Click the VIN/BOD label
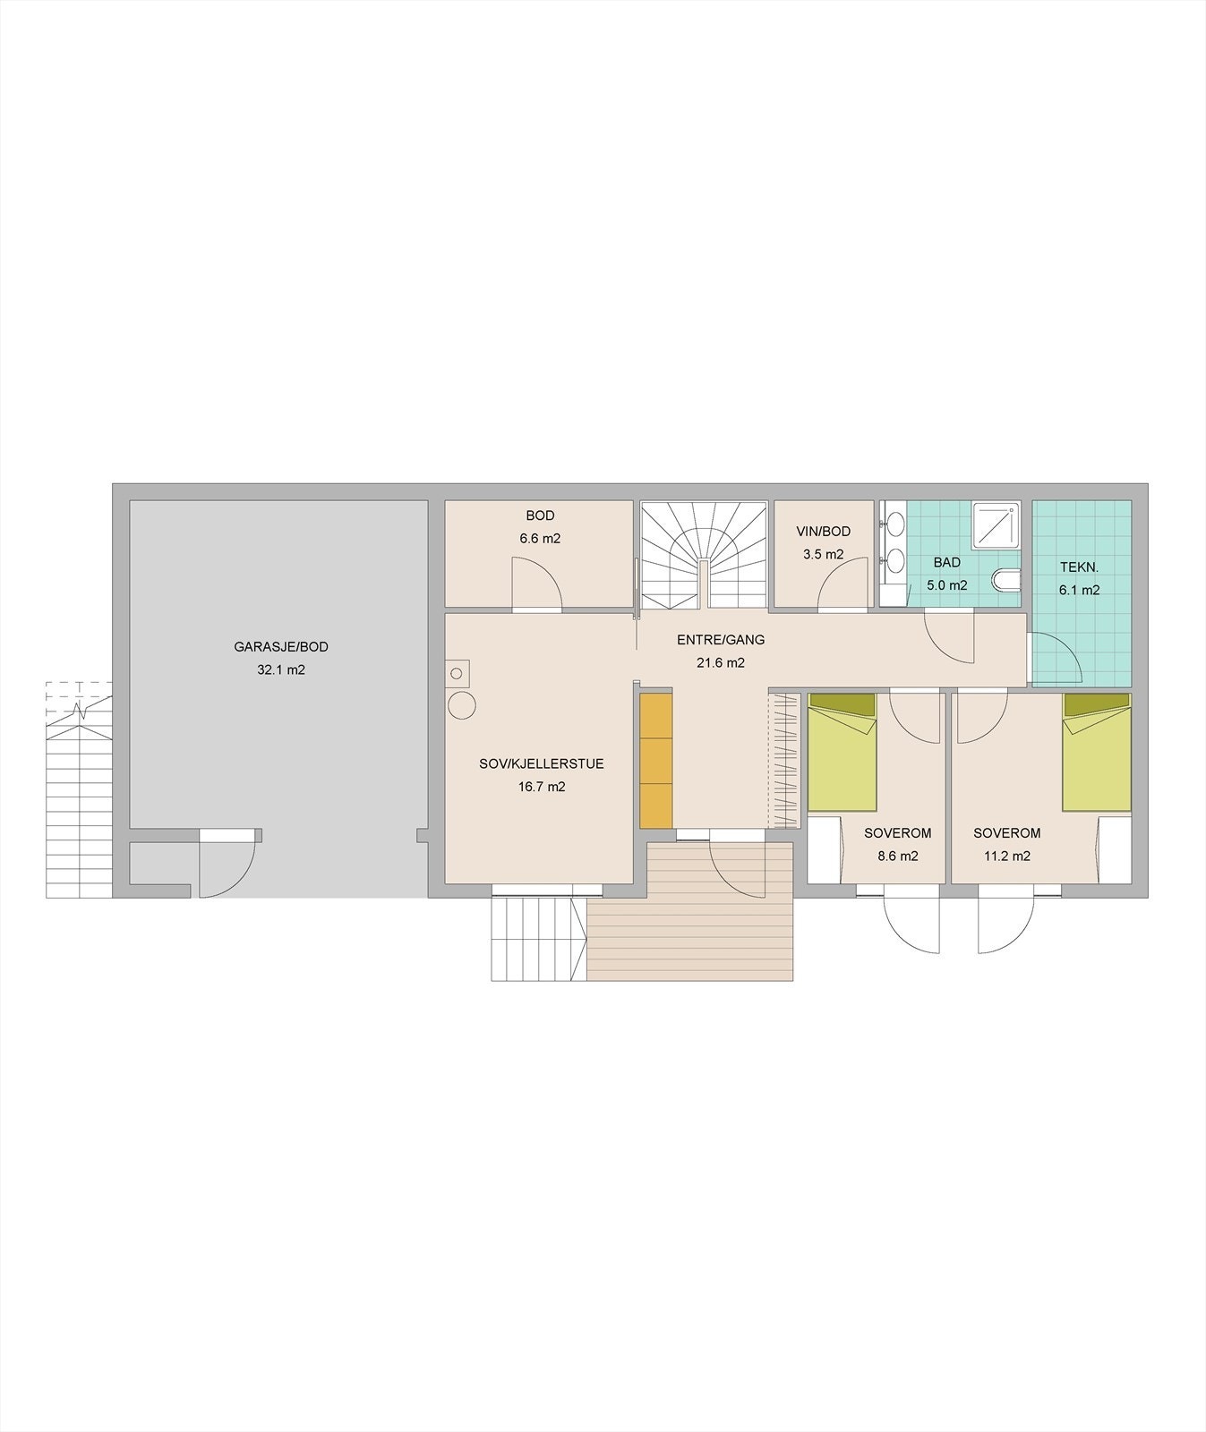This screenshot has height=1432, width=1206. tap(823, 532)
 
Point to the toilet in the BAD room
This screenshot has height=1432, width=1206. tap(1006, 580)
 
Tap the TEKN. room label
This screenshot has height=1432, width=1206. tap(1079, 567)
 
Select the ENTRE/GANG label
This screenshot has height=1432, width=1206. tap(721, 640)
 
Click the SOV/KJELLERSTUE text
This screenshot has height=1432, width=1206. tap(542, 764)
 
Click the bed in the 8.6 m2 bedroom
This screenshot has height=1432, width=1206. tap(842, 752)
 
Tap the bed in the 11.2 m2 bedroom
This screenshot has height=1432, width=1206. tap(1097, 752)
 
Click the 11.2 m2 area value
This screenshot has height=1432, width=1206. tap(1006, 856)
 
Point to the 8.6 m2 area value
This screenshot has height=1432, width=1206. tap(897, 856)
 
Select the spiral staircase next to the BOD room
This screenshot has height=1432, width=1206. tap(704, 553)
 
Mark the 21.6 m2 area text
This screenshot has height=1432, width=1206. tap(721, 663)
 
